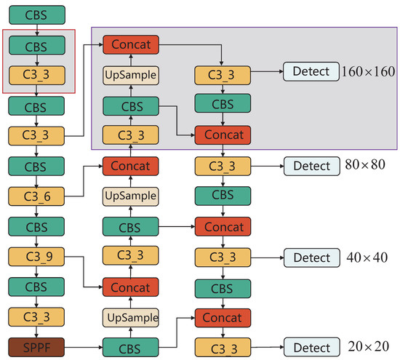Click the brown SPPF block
click(x=36, y=345)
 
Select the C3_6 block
click(x=36, y=196)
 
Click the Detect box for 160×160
click(x=311, y=71)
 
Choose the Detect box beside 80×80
click(x=311, y=166)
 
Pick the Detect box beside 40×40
click(x=311, y=257)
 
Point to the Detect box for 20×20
click(x=311, y=345)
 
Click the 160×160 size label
click(x=368, y=71)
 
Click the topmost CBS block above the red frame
click(x=36, y=14)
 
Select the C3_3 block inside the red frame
click(x=36, y=76)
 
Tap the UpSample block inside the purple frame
click(x=131, y=75)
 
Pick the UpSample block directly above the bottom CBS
click(x=131, y=317)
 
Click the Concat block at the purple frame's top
click(x=131, y=45)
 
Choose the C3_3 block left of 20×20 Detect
click(x=222, y=345)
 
